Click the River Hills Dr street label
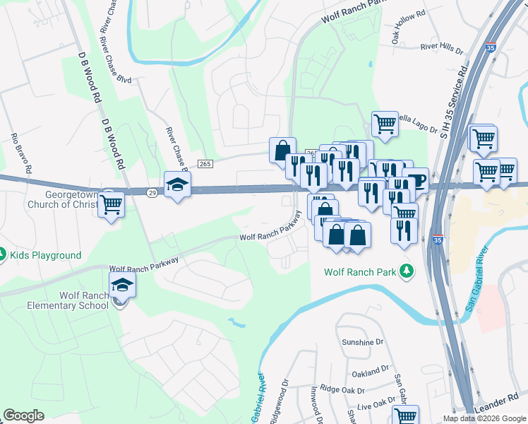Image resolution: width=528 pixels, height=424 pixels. click(x=441, y=48)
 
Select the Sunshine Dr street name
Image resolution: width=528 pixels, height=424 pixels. click(x=361, y=341)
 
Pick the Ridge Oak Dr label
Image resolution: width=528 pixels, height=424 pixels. click(x=342, y=389)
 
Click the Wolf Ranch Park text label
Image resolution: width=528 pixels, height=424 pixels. click(x=360, y=271)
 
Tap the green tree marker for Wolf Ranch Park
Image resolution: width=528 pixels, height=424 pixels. click(x=407, y=271)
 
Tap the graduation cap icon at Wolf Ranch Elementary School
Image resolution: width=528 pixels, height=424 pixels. click(x=123, y=285)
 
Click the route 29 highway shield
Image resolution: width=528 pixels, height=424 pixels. click(x=152, y=192)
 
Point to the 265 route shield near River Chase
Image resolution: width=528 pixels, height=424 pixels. click(x=205, y=164)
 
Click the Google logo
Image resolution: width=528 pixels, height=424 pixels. click(x=23, y=416)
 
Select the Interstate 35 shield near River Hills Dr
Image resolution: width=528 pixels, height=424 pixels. click(x=492, y=47)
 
